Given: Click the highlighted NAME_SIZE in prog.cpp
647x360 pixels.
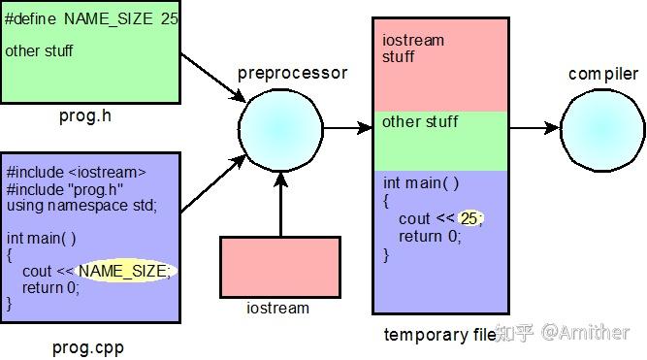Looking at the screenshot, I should coord(123,271).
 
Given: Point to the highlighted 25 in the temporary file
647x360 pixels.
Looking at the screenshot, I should coord(470,218).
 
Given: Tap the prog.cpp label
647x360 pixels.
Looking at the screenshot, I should coord(88,346).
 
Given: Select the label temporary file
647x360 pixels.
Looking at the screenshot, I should coord(439,336).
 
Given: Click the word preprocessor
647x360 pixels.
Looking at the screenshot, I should coord(292,74).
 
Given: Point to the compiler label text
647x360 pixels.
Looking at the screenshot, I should coord(603,74).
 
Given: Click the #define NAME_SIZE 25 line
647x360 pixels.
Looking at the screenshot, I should coord(91,18).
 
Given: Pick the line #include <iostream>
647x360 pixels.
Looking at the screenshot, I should coord(76,172).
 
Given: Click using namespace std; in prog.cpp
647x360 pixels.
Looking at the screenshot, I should coord(81,205).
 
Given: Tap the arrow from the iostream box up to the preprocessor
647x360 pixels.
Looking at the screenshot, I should coord(280,204).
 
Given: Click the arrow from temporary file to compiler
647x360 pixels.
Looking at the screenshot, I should coord(534,128).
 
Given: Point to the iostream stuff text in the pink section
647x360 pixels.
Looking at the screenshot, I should coord(412,49).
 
